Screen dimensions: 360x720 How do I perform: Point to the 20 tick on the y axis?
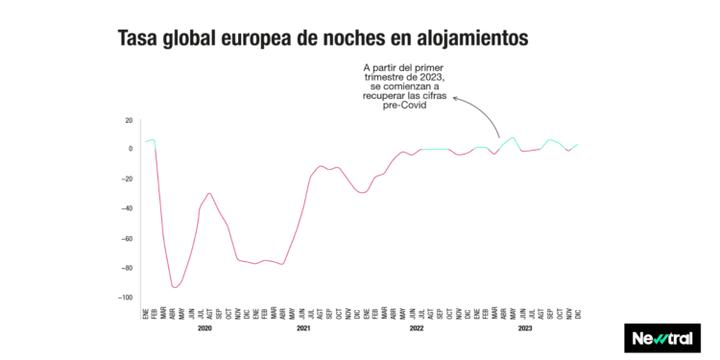pyautogui.click(x=128, y=120)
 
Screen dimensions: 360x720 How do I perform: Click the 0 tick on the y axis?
pyautogui.click(x=130, y=149)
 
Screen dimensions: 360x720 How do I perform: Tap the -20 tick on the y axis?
pyautogui.click(x=127, y=179)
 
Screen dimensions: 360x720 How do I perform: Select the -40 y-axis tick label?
pyautogui.click(x=127, y=208)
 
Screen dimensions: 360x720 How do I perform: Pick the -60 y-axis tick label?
pyautogui.click(x=127, y=238)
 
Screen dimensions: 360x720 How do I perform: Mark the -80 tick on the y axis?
pyautogui.click(x=127, y=268)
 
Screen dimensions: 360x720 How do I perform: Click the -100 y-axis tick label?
pyautogui.click(x=125, y=298)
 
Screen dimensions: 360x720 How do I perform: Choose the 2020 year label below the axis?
pyautogui.click(x=204, y=328)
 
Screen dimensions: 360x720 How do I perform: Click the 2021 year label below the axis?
pyautogui.click(x=303, y=328)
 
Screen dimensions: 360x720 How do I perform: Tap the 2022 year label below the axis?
pyautogui.click(x=417, y=328)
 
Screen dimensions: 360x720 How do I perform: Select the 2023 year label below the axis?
pyautogui.click(x=526, y=328)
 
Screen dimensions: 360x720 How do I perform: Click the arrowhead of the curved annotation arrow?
pyautogui.click(x=454, y=97)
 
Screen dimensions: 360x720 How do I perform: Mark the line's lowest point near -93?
pyautogui.click(x=175, y=287)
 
